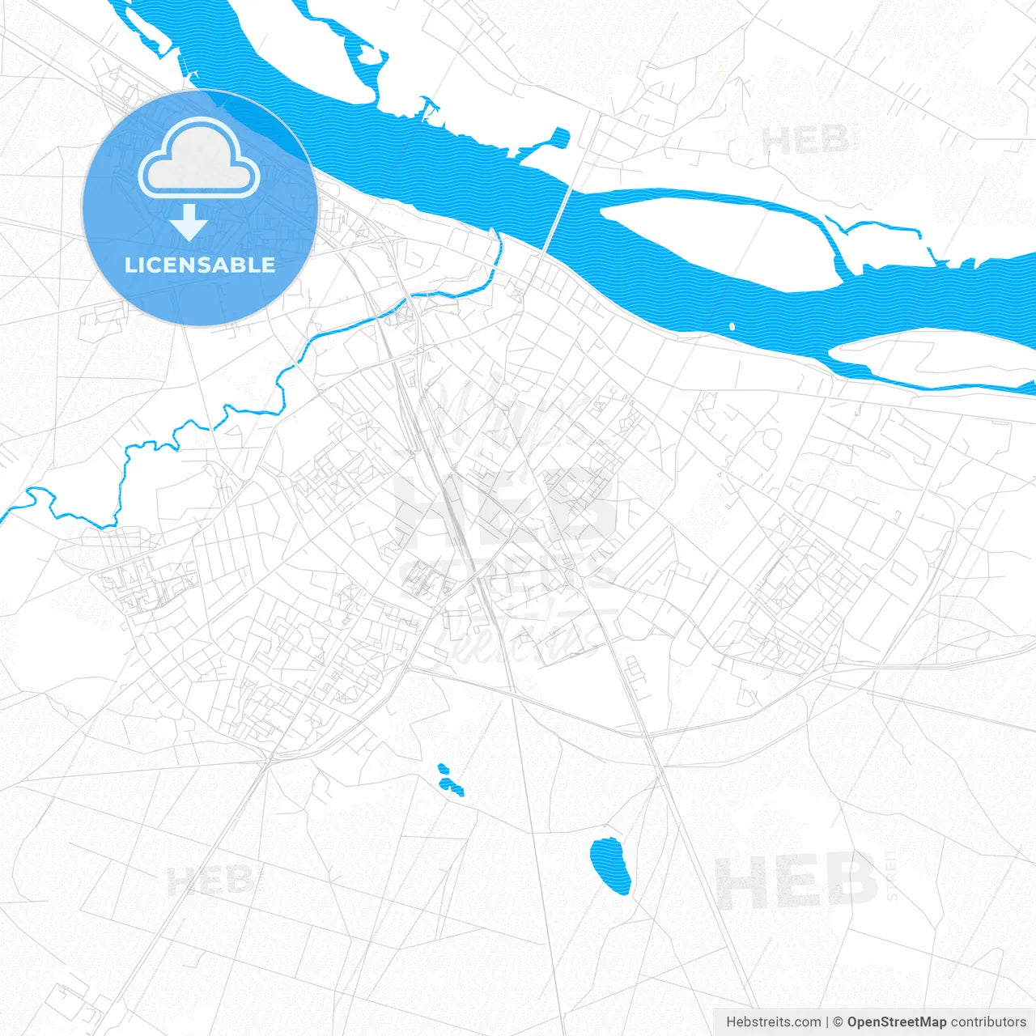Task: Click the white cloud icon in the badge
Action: tap(199, 159)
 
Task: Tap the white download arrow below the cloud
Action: tap(189, 222)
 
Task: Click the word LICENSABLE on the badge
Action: tap(200, 265)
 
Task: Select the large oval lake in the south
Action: tap(610, 864)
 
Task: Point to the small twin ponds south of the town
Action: tap(448, 779)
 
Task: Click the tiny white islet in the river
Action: tap(732, 327)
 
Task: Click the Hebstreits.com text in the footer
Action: tap(773, 1022)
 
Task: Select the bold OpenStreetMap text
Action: tap(896, 1022)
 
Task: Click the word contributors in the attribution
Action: tap(987, 1022)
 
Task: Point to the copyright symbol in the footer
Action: tap(839, 1022)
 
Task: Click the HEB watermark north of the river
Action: tap(804, 141)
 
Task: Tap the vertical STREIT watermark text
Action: tap(891, 874)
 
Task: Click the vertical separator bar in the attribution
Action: tap(827, 1022)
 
